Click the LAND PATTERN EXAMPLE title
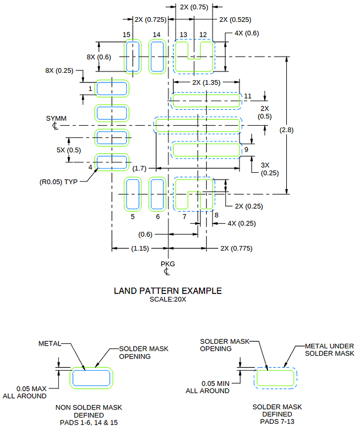pos(167,291)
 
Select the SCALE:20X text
pos(168,299)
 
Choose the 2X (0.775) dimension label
pos(237,248)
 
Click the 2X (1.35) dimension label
pos(206,82)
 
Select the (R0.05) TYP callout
pos(58,182)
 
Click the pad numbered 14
pos(157,57)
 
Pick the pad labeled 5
pos(133,194)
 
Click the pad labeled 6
pos(157,194)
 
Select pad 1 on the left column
pos(111,88)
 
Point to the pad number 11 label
pos(247,95)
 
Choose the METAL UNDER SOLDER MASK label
pos(330,349)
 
